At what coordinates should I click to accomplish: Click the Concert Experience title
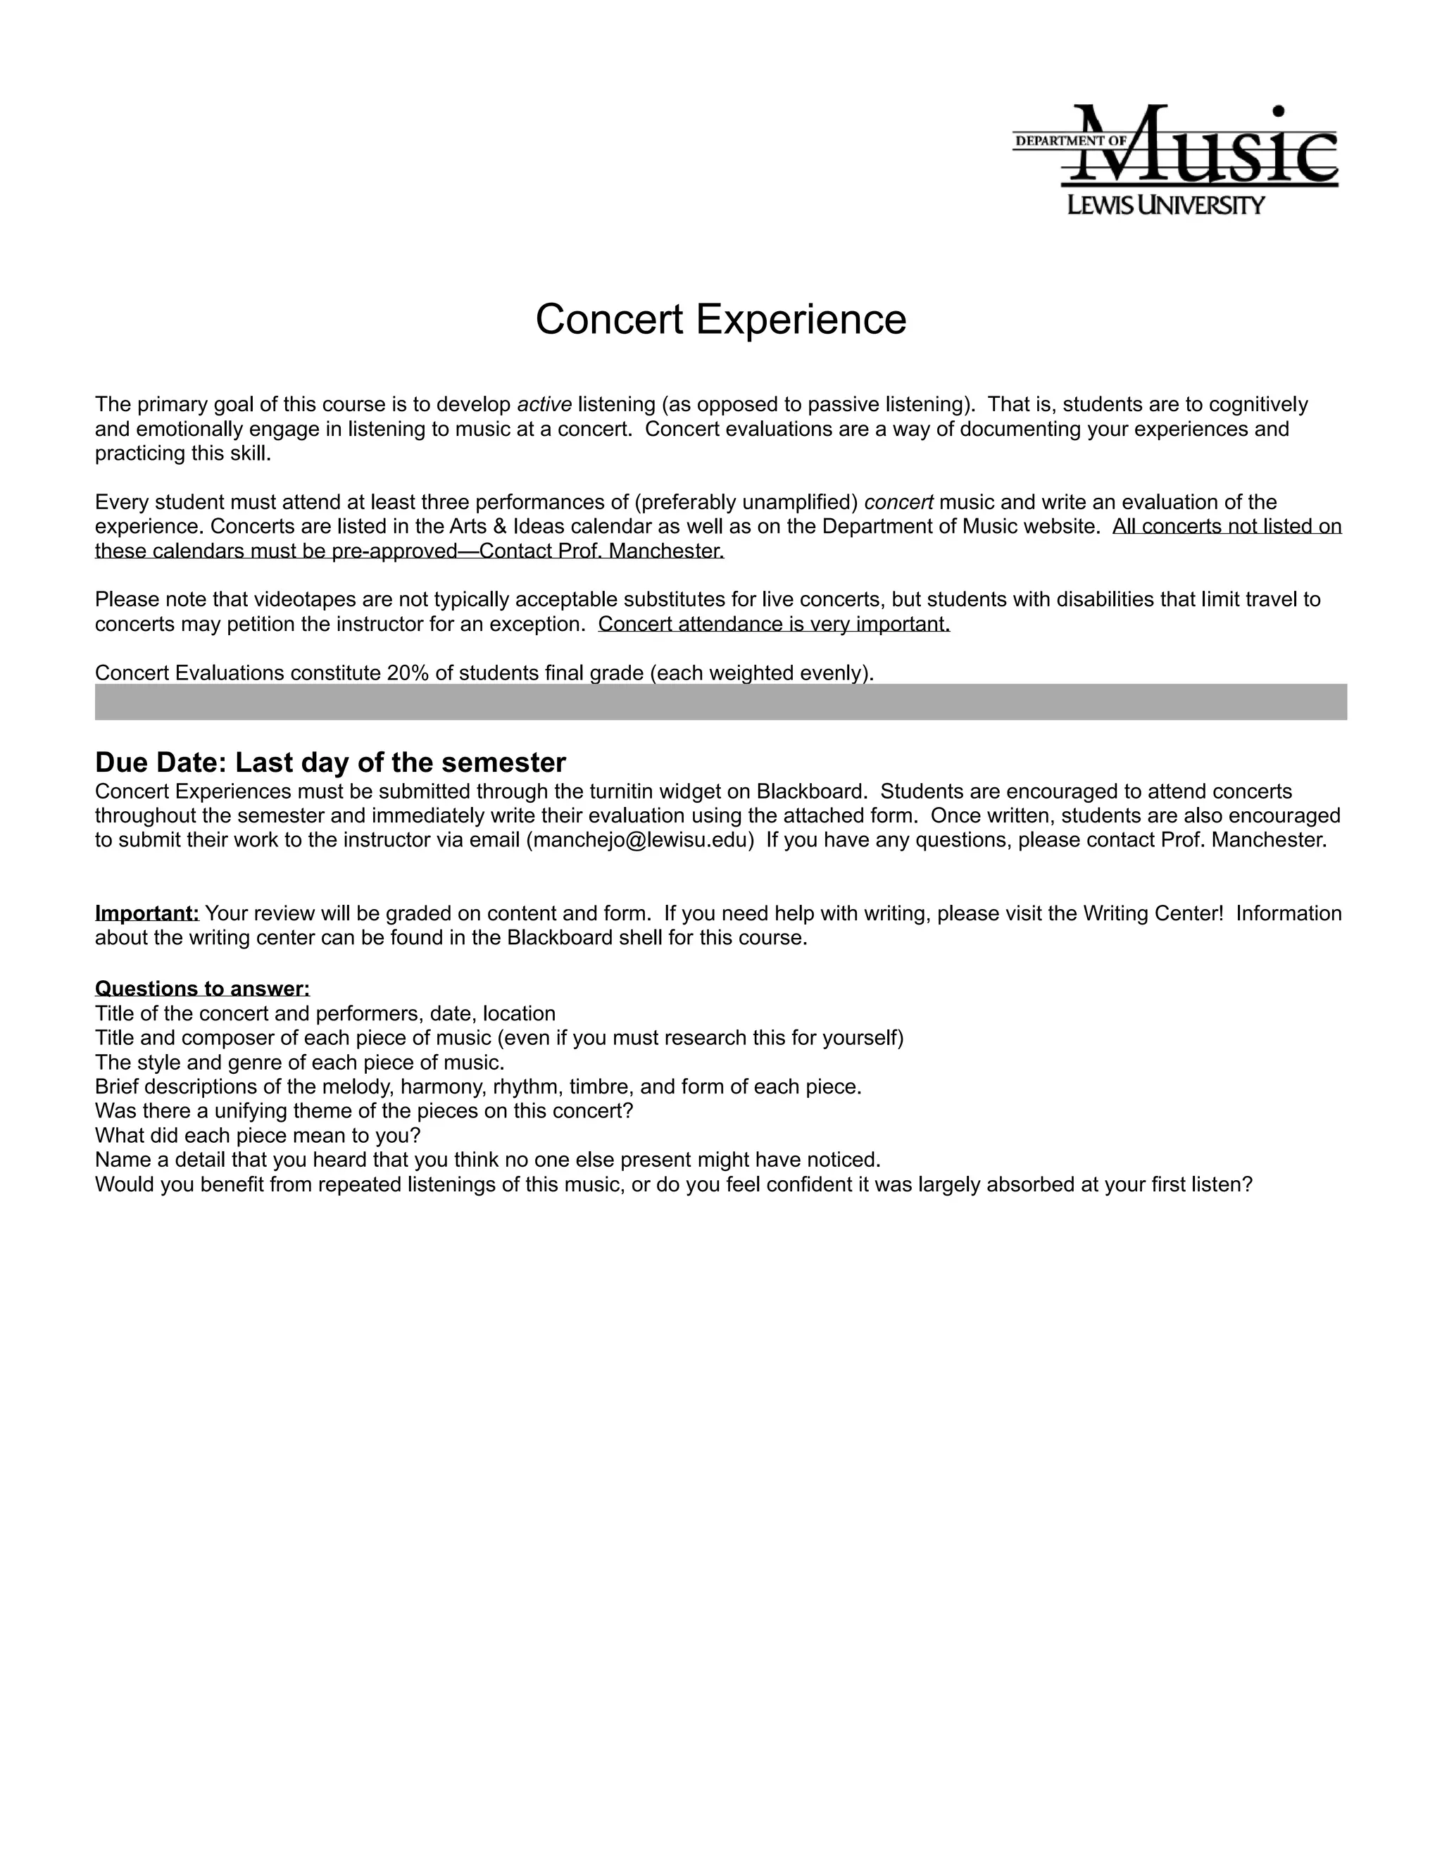pos(720,320)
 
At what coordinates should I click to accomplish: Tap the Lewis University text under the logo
pos(1166,205)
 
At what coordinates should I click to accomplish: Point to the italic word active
pos(544,404)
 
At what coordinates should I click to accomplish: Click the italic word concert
pos(898,501)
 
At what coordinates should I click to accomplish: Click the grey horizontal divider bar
pos(720,701)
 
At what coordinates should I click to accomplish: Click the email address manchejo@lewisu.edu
pos(641,840)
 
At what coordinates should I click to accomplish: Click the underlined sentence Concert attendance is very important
pos(774,624)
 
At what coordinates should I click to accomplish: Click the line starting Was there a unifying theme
pos(364,1110)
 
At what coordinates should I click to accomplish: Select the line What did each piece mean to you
pos(258,1136)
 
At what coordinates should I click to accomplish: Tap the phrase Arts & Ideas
pos(500,526)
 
